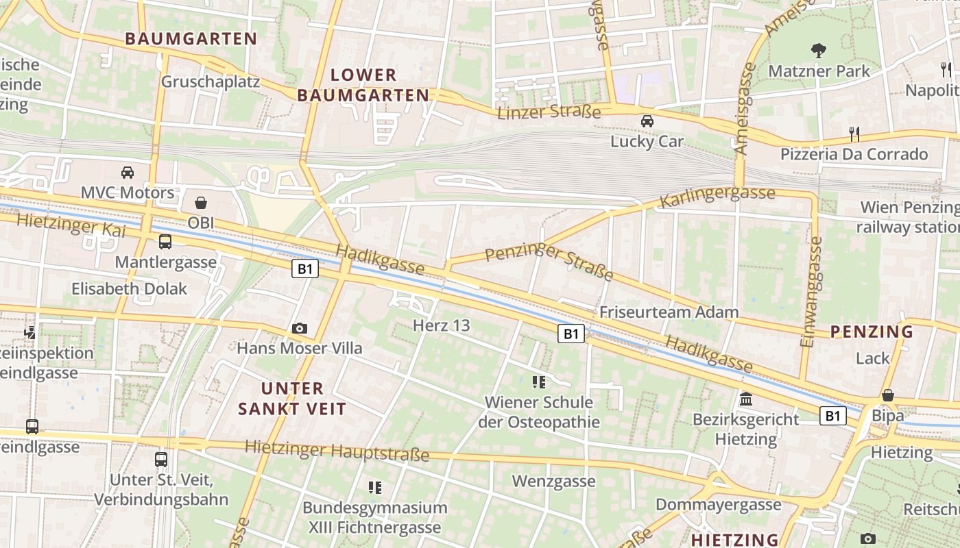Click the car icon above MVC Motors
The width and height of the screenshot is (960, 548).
coord(128,172)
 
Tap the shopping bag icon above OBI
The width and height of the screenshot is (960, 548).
coord(201,203)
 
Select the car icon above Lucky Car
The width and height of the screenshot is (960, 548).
coord(647,121)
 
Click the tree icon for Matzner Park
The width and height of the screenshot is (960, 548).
coord(818,50)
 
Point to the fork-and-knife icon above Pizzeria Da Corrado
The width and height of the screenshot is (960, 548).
coord(854,133)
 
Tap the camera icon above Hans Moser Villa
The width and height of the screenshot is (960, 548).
coord(299,329)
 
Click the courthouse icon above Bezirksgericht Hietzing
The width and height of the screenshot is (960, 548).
coord(745,399)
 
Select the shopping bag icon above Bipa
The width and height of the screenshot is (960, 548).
coord(887,395)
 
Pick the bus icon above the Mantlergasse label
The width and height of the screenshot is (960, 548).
coord(165,241)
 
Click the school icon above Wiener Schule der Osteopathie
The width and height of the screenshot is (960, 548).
coord(539,382)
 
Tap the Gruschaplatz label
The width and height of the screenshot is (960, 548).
coord(211,82)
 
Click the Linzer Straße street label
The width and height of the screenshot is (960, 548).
coord(549,111)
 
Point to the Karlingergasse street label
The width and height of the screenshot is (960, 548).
coord(717,196)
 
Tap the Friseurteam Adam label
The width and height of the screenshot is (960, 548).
coord(669,312)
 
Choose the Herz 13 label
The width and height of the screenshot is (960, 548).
coord(442,325)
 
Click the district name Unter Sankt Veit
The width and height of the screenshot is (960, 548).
coord(292,399)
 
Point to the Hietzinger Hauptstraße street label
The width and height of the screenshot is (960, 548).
coord(337,450)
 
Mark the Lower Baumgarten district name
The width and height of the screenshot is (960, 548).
coord(363,85)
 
